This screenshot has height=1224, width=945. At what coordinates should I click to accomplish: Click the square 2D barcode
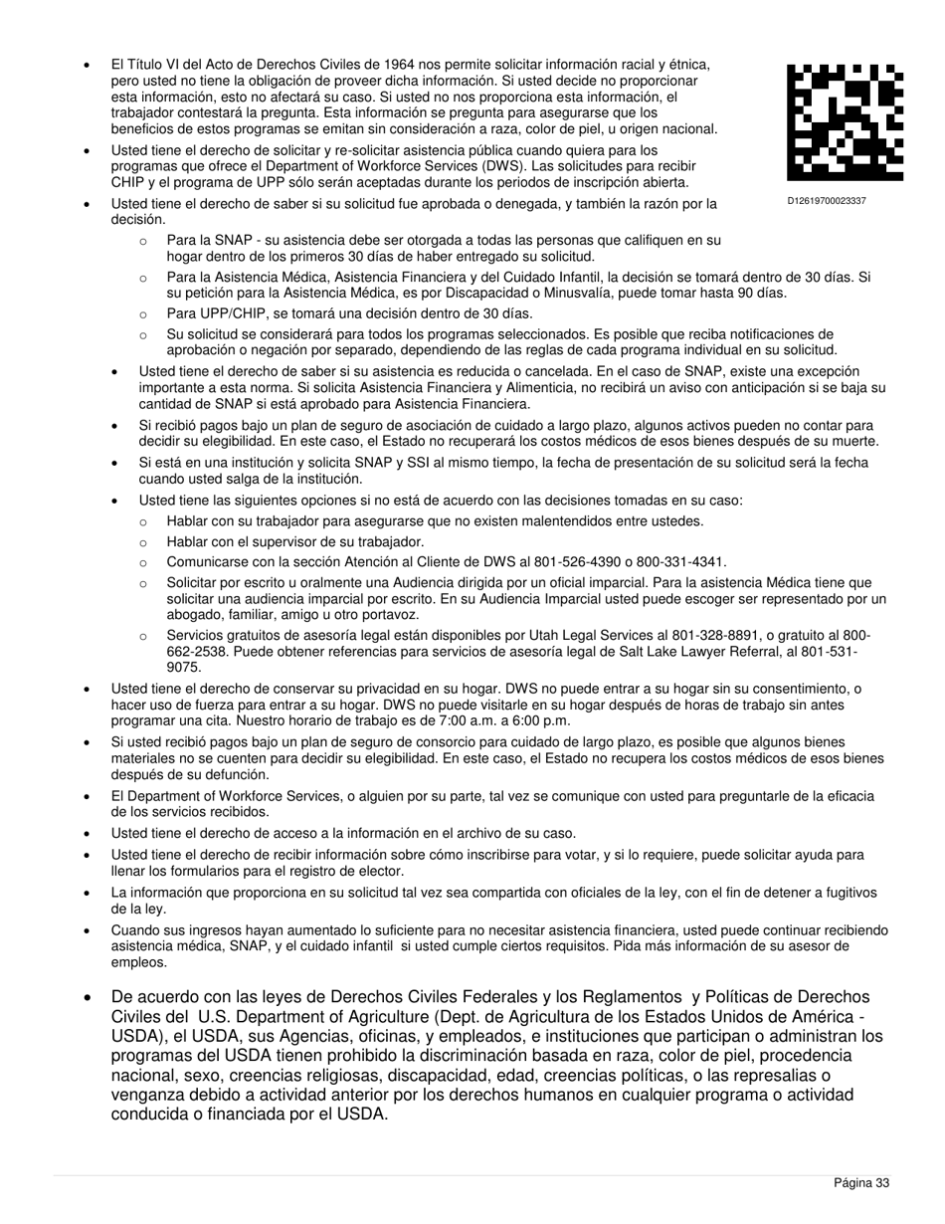pos(845,121)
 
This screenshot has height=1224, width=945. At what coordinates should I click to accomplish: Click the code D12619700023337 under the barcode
pos(827,201)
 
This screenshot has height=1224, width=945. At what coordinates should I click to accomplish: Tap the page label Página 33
pos(860,1182)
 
